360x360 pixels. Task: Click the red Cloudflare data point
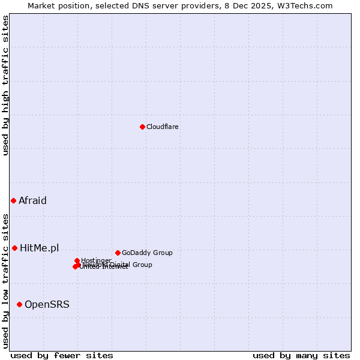(142, 127)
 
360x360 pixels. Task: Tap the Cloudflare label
(163, 127)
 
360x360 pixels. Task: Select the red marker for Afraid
(13, 200)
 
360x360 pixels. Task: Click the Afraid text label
(32, 200)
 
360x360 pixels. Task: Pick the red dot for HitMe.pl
(14, 248)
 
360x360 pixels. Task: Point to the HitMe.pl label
(40, 248)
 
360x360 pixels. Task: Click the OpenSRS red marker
(19, 304)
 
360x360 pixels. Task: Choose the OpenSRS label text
(47, 304)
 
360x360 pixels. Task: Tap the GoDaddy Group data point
(118, 253)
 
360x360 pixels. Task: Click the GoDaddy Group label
(147, 253)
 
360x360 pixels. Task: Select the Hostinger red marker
(77, 260)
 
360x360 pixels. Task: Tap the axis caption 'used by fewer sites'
(62, 355)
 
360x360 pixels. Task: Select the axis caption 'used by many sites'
(301, 355)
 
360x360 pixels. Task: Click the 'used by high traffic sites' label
(5, 85)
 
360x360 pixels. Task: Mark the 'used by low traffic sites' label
(5, 281)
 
